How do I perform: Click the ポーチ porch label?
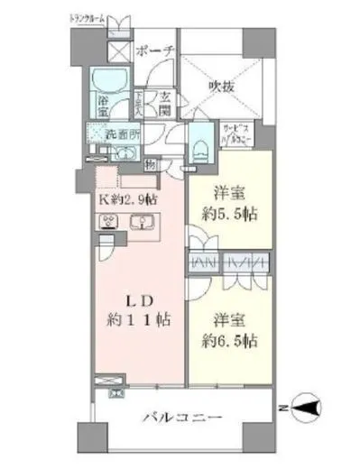(x=155, y=51)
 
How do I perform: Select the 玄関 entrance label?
(x=167, y=103)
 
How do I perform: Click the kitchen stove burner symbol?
(x=110, y=223)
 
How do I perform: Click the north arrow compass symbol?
(x=303, y=409)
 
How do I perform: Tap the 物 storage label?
(x=149, y=164)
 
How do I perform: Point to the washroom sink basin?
(x=128, y=163)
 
